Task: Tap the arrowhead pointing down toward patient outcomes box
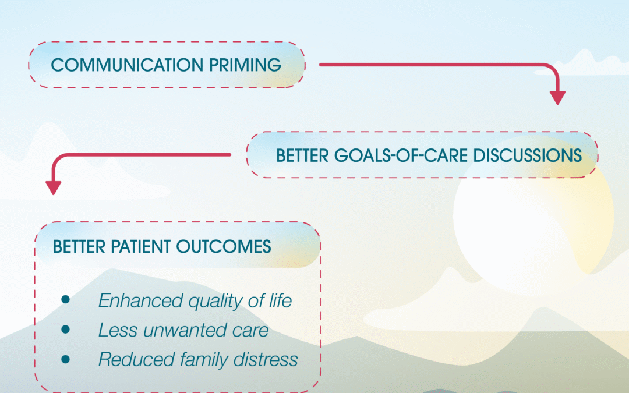tap(54, 187)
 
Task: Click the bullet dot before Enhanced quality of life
tap(65, 300)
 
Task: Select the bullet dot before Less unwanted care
tap(65, 330)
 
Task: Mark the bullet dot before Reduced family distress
tap(65, 359)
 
